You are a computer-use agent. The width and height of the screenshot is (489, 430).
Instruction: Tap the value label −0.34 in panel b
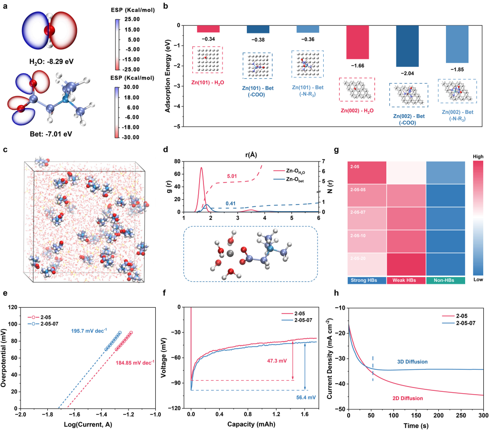(x=208, y=39)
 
